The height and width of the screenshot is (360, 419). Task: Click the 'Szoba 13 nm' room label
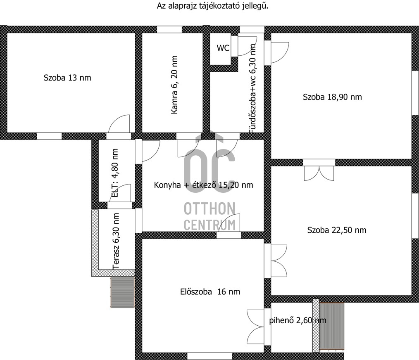(67, 78)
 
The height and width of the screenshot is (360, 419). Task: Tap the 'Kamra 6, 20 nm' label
(174, 85)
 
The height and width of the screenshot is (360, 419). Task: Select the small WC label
(223, 48)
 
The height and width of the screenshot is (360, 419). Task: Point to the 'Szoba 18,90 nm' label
(332, 97)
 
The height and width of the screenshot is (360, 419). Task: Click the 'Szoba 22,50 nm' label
(337, 230)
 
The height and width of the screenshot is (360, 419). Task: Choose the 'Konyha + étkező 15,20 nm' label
(203, 185)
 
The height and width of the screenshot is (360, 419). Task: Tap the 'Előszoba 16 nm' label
(210, 291)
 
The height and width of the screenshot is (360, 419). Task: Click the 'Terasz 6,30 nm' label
(116, 241)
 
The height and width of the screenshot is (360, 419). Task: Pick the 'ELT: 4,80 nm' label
(115, 173)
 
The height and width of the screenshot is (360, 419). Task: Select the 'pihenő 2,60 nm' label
(298, 320)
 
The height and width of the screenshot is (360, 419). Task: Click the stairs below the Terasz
(122, 292)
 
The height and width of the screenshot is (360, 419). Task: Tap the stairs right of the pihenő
(332, 326)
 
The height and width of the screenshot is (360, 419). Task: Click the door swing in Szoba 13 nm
(119, 124)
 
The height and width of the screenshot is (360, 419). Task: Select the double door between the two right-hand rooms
(319, 173)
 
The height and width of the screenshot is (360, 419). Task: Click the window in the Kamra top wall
(169, 29)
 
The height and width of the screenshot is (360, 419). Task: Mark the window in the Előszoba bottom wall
(209, 356)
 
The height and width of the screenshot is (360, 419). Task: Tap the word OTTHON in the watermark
(209, 208)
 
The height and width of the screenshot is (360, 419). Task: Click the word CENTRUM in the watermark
(210, 225)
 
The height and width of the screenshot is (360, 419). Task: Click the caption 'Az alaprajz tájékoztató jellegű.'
(212, 6)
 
